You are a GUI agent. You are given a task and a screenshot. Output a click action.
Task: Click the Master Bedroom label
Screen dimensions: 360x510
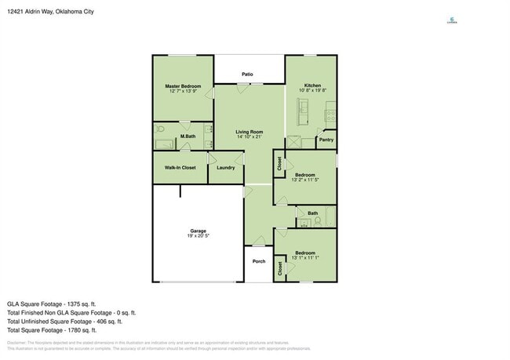pyautogui.click(x=183, y=85)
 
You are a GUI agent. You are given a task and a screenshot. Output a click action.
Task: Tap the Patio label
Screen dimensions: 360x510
pyautogui.click(x=247, y=75)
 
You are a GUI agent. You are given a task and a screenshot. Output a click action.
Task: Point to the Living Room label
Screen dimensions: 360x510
pyautogui.click(x=250, y=132)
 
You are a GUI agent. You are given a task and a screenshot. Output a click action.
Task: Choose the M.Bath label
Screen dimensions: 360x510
pyautogui.click(x=187, y=136)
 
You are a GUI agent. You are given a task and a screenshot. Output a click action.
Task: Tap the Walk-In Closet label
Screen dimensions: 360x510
pyautogui.click(x=180, y=167)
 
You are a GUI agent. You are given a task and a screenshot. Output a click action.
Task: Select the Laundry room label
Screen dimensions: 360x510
pyautogui.click(x=226, y=167)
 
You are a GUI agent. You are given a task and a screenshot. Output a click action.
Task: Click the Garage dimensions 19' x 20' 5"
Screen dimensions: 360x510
pyautogui.click(x=197, y=236)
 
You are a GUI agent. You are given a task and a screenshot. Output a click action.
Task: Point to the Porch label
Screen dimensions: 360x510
pyautogui.click(x=258, y=261)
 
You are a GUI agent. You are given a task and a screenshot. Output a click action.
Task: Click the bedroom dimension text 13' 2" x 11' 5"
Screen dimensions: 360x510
pyautogui.click(x=304, y=180)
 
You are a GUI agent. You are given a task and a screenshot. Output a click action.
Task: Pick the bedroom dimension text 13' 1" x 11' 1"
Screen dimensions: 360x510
pyautogui.click(x=304, y=258)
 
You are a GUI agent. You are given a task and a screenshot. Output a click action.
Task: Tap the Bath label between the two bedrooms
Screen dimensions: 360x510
pyautogui.click(x=312, y=213)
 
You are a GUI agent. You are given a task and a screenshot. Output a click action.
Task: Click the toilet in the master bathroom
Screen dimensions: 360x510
pyautogui.click(x=160, y=129)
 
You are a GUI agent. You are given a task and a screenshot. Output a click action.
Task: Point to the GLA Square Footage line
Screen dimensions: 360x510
pyautogui.click(x=51, y=304)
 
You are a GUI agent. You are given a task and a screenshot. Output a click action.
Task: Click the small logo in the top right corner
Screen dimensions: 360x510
pyautogui.click(x=452, y=21)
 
